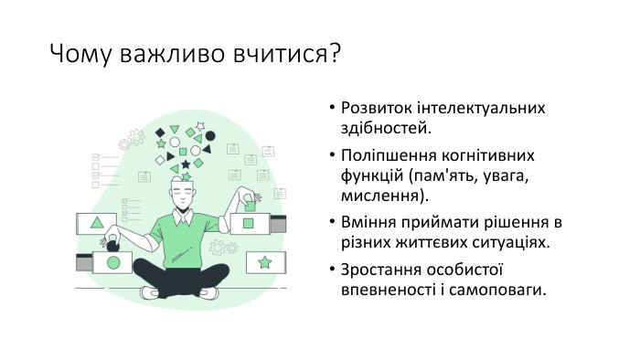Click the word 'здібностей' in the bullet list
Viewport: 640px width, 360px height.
pos(378,128)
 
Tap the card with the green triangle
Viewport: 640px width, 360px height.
pos(97,222)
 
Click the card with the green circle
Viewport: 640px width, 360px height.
pos(113,263)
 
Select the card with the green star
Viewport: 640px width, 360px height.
pos(264,263)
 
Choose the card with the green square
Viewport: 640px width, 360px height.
pos(250,223)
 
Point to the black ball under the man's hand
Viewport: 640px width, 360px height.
pos(112,244)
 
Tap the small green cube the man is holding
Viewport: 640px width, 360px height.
pos(244,203)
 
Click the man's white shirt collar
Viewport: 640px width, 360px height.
pos(186,216)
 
